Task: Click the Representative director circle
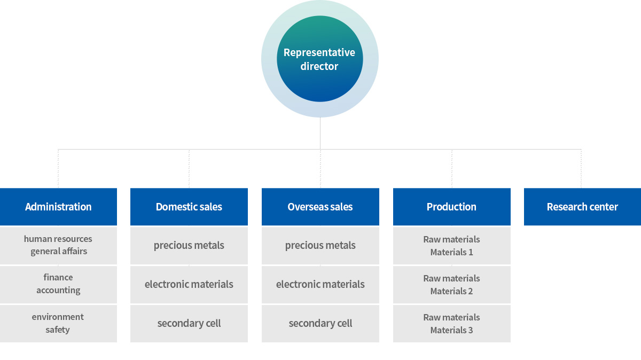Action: pyautogui.click(x=319, y=59)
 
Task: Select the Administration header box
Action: pyautogui.click(x=58, y=207)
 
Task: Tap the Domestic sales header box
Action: pyautogui.click(x=189, y=207)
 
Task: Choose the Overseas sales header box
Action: pyautogui.click(x=320, y=207)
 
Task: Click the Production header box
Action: pyautogui.click(x=451, y=207)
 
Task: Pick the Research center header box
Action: pyautogui.click(x=582, y=207)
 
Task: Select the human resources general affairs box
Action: pyautogui.click(x=58, y=246)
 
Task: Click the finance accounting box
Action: pyautogui.click(x=58, y=285)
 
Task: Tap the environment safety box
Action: pyautogui.click(x=58, y=324)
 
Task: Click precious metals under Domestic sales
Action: pyautogui.click(x=189, y=246)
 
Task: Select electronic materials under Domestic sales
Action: pyautogui.click(x=189, y=285)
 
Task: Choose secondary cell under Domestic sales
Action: pyautogui.click(x=189, y=324)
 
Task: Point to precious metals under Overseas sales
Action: pyautogui.click(x=320, y=246)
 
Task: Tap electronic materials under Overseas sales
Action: pyautogui.click(x=320, y=285)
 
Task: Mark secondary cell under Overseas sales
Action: pyautogui.click(x=320, y=324)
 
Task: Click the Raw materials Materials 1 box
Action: pyautogui.click(x=451, y=246)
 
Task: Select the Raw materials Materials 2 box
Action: pyautogui.click(x=451, y=285)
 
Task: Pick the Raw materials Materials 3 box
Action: pyautogui.click(x=451, y=324)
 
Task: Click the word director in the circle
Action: pyautogui.click(x=319, y=66)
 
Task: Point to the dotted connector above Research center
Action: pyautogui.click(x=581, y=169)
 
